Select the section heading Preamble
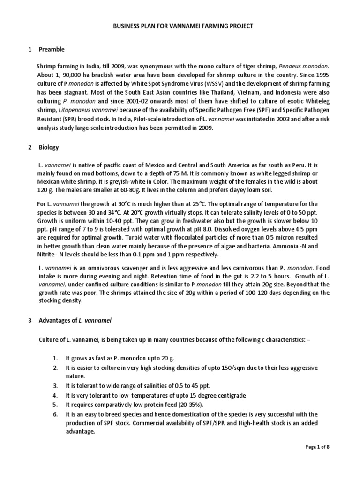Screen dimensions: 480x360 (x=52, y=49)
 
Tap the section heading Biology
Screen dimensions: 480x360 (x=49, y=147)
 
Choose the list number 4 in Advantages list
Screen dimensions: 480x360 (x=55, y=395)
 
